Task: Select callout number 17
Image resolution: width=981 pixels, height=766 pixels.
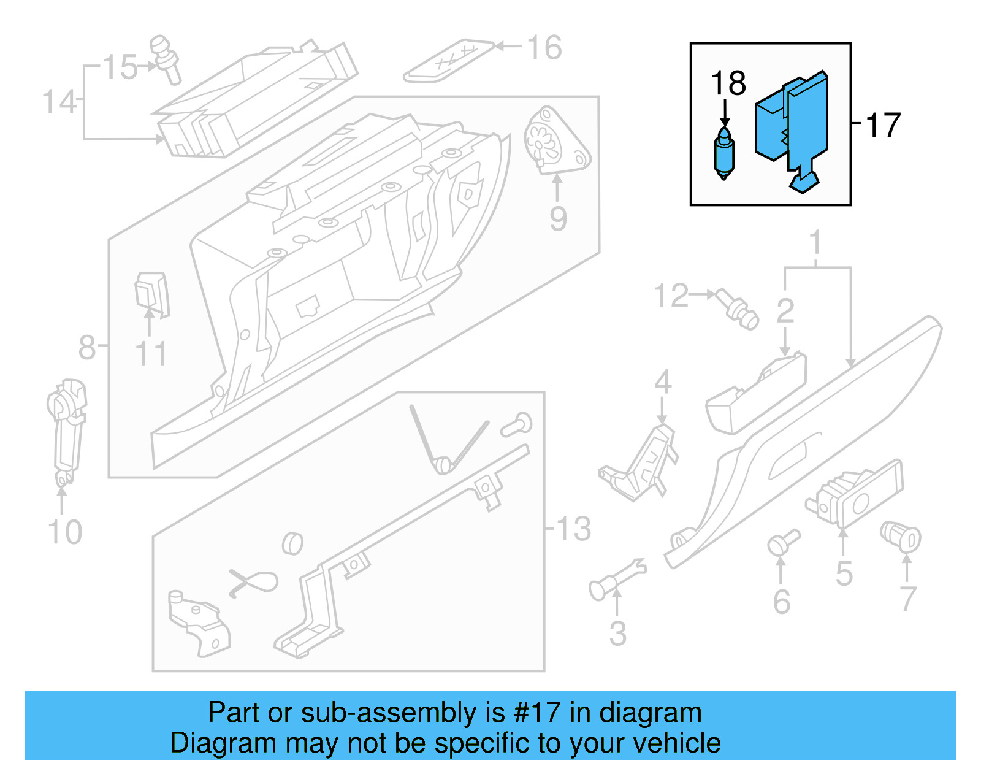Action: click(882, 125)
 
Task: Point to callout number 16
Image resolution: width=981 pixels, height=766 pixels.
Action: click(544, 48)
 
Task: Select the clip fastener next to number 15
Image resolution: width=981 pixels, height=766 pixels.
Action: click(166, 58)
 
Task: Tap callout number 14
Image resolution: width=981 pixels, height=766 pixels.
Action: click(59, 102)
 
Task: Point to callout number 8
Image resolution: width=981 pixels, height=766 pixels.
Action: click(86, 347)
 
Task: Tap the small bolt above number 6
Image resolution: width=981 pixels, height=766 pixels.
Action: click(782, 542)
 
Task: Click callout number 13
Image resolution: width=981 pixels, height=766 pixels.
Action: click(574, 528)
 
